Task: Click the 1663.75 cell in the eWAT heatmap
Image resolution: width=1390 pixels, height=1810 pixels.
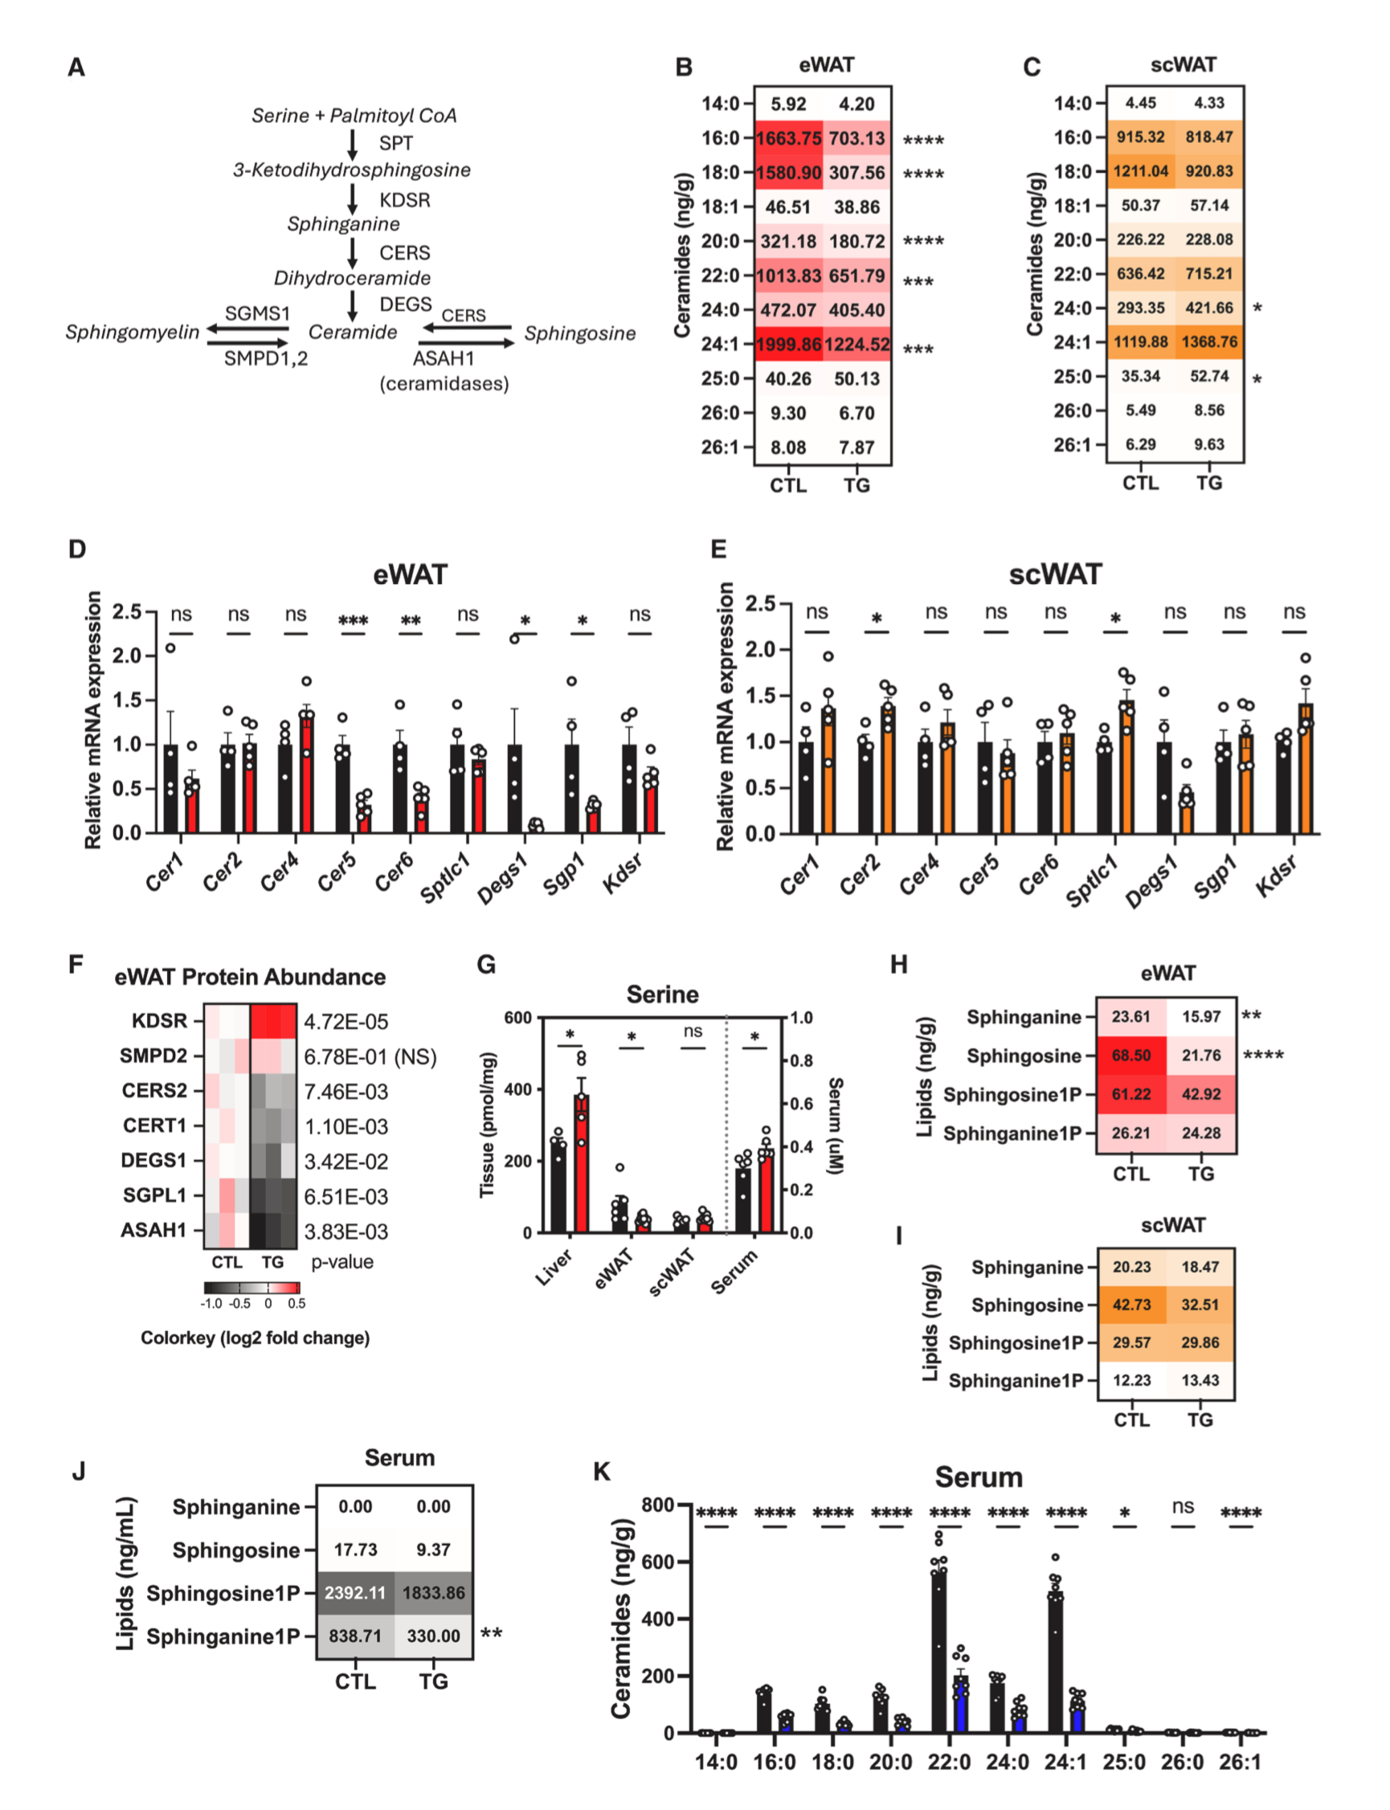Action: (x=787, y=138)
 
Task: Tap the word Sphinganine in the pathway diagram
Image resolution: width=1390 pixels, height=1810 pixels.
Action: (x=343, y=224)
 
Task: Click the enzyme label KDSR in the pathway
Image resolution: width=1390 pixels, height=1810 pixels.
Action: (x=405, y=200)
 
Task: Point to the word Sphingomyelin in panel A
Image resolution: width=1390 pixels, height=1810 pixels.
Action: (x=133, y=333)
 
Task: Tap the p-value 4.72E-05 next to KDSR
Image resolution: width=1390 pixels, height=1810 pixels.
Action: (x=345, y=1022)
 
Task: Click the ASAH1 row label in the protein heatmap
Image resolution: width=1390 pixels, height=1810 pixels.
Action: (x=154, y=1230)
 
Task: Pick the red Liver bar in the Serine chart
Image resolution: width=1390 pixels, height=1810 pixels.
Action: (x=582, y=1163)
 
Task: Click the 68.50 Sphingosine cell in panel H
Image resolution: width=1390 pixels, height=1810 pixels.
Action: (x=1131, y=1056)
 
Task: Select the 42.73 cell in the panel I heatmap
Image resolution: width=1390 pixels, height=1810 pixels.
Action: (x=1132, y=1305)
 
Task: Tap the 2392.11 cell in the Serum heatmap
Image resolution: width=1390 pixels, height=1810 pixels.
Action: (x=355, y=1592)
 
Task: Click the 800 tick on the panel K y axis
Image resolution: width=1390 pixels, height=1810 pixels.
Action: (x=658, y=1505)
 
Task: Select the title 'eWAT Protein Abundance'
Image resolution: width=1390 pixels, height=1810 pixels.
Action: (x=250, y=977)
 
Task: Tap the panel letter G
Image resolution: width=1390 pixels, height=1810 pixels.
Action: (x=487, y=965)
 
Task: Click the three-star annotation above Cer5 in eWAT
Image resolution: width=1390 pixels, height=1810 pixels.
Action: (x=354, y=620)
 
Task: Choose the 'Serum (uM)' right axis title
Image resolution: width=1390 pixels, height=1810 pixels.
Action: (x=836, y=1125)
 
